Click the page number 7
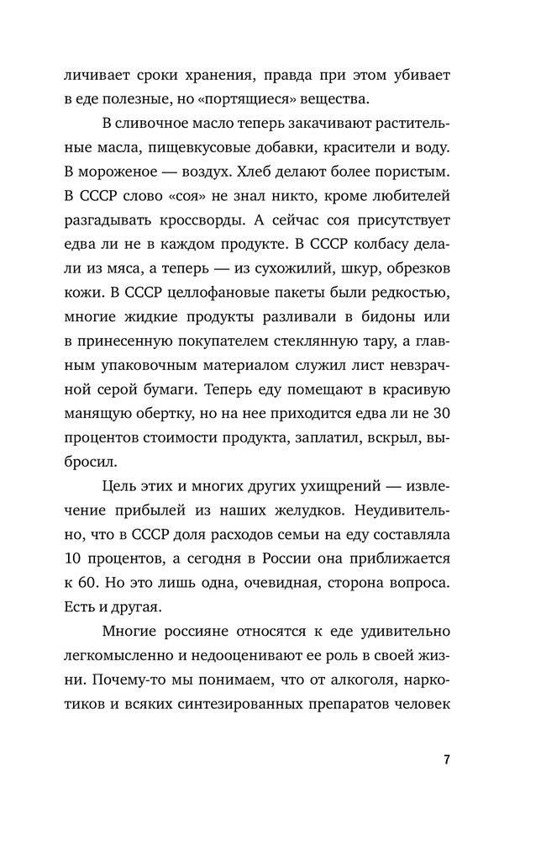[x=447, y=761]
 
